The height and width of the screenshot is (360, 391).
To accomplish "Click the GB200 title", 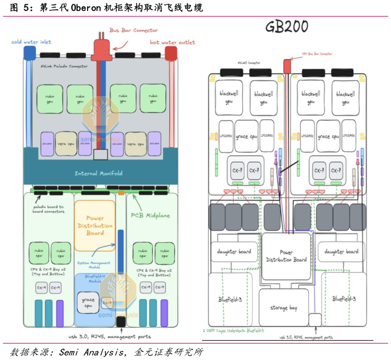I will (287, 27).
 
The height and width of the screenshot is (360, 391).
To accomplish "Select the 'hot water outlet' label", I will (172, 42).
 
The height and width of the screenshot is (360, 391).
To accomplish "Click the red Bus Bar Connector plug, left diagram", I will (101, 51).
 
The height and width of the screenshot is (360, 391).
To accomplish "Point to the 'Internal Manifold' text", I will (99, 173).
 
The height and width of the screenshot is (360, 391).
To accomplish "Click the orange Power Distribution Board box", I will (95, 225).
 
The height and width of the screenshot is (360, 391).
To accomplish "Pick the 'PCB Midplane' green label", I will (151, 215).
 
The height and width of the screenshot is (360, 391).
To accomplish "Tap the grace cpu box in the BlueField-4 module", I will (88, 303).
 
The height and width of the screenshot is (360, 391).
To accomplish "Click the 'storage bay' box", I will (283, 308).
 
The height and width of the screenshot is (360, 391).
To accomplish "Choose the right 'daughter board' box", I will (341, 252).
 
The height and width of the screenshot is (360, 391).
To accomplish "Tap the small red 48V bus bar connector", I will (287, 66).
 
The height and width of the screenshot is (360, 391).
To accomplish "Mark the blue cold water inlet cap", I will (29, 53).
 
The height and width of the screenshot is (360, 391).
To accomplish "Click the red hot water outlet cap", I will (171, 53).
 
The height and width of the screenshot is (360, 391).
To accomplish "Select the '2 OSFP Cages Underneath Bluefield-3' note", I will (233, 331).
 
